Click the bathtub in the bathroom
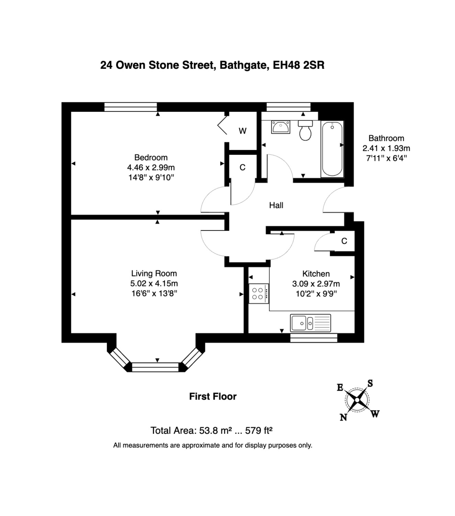tap(332, 149)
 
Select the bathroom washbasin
tap(281, 127)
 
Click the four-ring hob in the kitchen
tap(258, 293)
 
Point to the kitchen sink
tap(310, 322)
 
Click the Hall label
tap(276, 206)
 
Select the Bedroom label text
tap(151, 157)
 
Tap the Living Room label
tap(154, 273)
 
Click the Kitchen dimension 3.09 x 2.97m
tap(316, 284)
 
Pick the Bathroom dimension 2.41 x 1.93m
tap(386, 148)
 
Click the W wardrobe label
tap(243, 131)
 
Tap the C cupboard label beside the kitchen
tap(344, 241)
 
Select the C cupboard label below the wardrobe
tap(243, 167)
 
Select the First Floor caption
tap(213, 396)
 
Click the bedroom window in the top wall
tap(131, 107)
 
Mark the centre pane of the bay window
tap(155, 367)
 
